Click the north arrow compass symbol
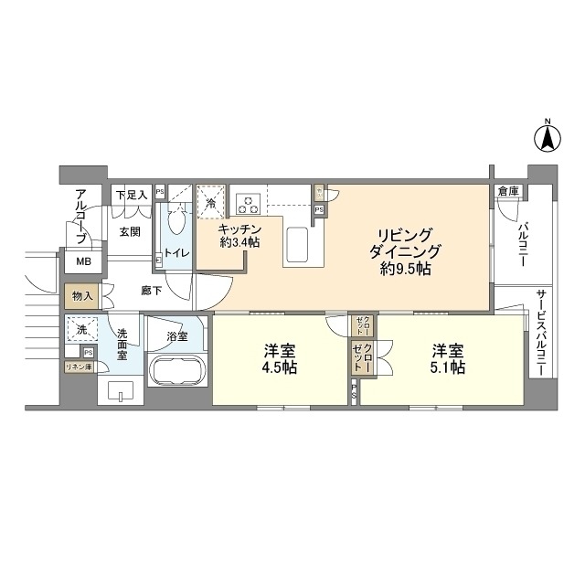pyautogui.click(x=547, y=138)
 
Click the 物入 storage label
pyautogui.click(x=82, y=297)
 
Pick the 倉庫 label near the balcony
pyautogui.click(x=508, y=192)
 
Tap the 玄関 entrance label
pyautogui.click(x=129, y=232)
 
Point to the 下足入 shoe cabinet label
pyautogui.click(x=131, y=195)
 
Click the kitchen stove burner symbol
pyautogui.click(x=248, y=202)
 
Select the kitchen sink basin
pyautogui.click(x=301, y=245)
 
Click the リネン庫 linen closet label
pyautogui.click(x=78, y=367)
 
